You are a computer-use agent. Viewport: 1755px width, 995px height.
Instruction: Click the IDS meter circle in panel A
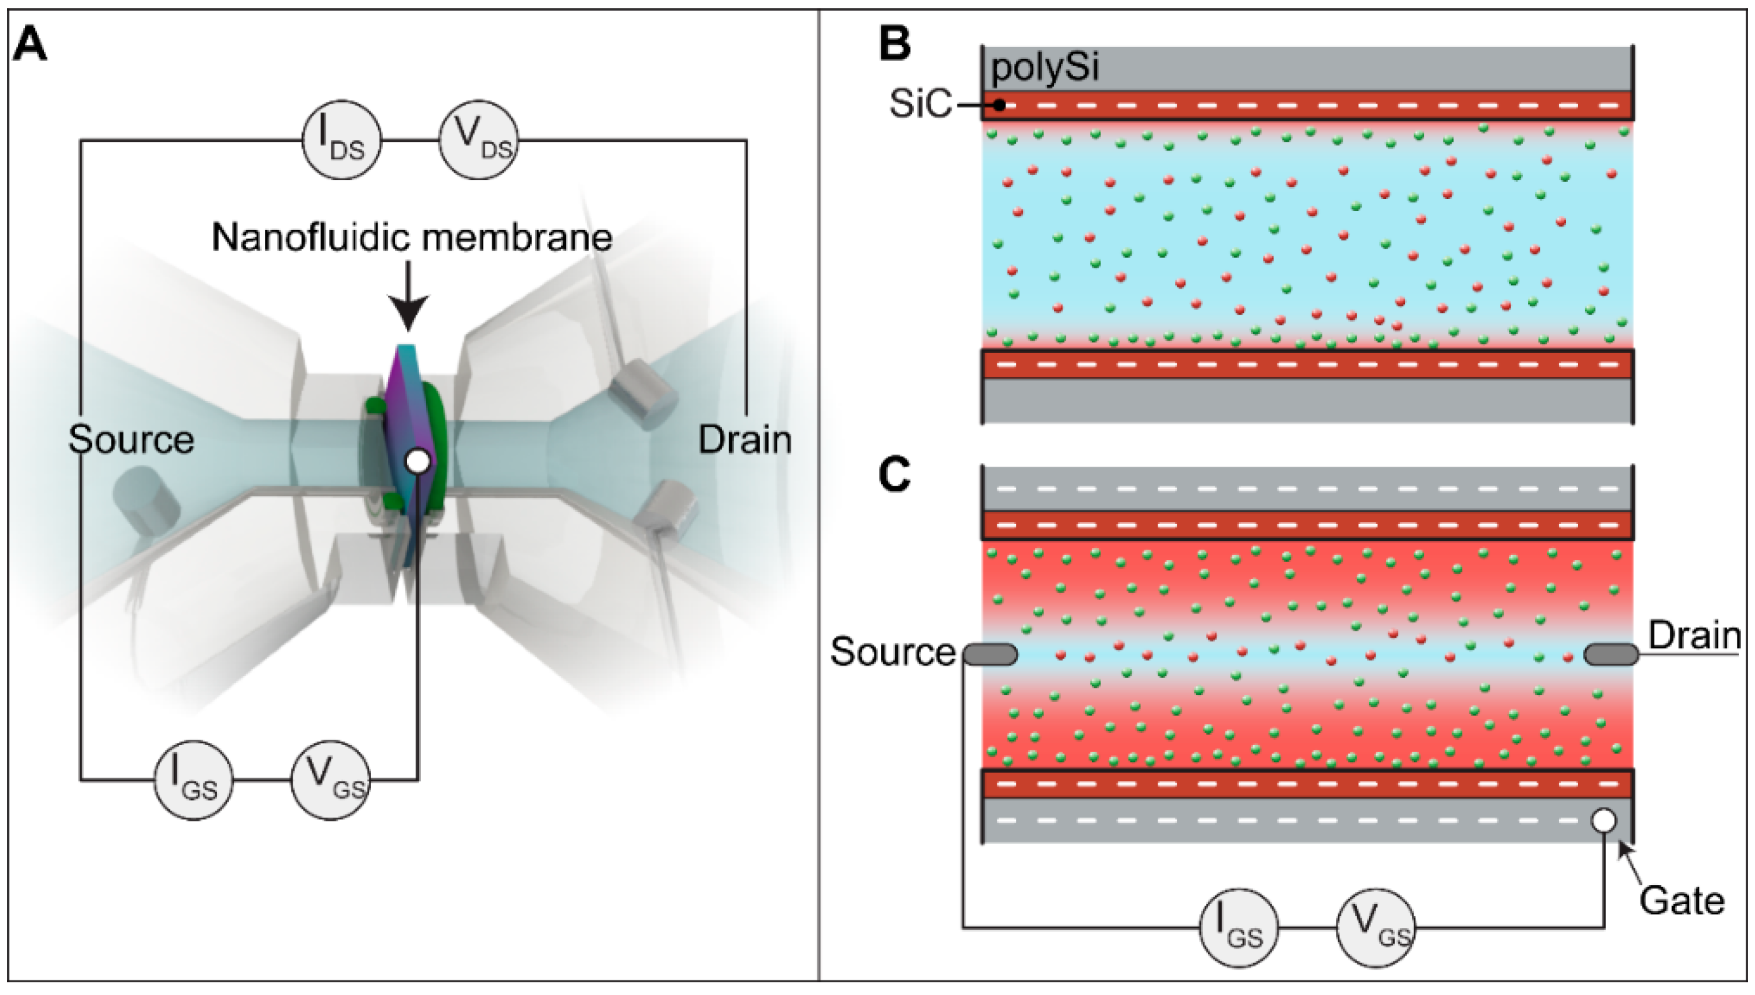pos(342,140)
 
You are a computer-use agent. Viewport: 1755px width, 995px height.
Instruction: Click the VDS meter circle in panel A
pos(478,140)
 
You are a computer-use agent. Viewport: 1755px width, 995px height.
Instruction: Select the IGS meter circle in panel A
pos(193,779)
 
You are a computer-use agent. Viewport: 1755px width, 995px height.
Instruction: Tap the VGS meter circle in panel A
pos(331,779)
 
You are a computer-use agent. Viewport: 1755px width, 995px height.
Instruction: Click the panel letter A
pos(29,45)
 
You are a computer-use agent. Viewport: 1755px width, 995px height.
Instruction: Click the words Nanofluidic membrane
pos(412,238)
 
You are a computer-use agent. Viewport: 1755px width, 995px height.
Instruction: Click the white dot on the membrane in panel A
pos(418,462)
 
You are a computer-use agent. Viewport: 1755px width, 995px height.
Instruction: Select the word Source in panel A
pos(130,439)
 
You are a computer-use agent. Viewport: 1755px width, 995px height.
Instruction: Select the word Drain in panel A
pos(744,439)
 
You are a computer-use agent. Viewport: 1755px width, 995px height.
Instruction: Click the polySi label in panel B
pos(1044,68)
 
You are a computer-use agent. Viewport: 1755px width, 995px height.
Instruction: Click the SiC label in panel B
pos(920,104)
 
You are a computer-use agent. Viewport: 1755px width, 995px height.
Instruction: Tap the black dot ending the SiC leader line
pos(999,106)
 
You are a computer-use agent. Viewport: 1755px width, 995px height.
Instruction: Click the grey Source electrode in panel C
pos(990,654)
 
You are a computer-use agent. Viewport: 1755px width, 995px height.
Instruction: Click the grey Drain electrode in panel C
pos(1611,654)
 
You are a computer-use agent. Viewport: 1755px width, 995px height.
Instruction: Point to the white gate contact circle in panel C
pos(1604,820)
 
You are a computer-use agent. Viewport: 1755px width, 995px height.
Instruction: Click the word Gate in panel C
pos(1681,901)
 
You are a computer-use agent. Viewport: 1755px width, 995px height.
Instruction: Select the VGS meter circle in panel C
pos(1375,928)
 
